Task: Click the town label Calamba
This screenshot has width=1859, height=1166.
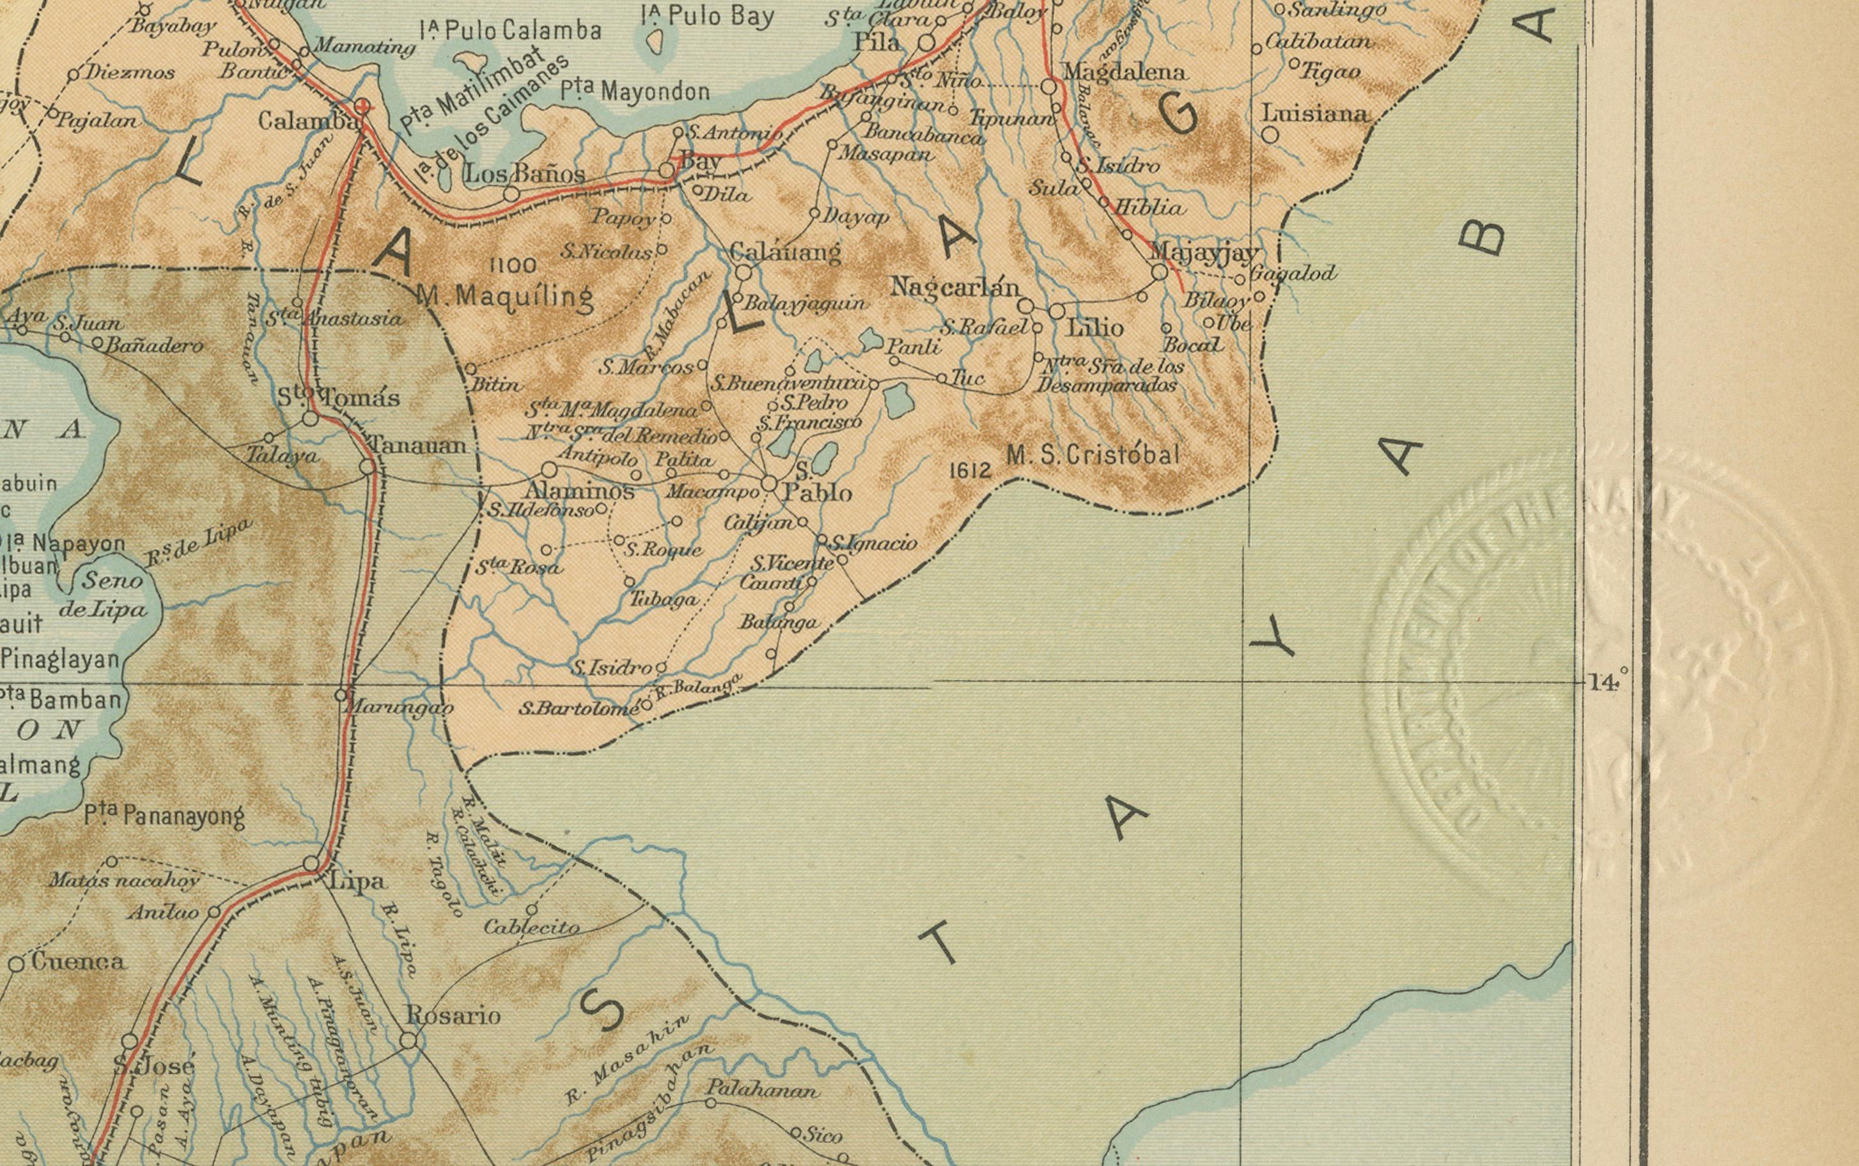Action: (x=307, y=121)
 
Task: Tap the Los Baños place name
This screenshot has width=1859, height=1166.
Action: (x=524, y=175)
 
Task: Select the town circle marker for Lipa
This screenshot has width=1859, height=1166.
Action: (x=311, y=864)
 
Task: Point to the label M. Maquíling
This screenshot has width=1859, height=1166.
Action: (x=505, y=296)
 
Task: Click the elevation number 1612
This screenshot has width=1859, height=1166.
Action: (x=970, y=470)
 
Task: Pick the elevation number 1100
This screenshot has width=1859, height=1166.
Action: (x=513, y=266)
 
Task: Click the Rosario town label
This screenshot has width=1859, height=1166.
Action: (x=453, y=1016)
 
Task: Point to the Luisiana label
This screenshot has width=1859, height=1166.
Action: (x=1314, y=114)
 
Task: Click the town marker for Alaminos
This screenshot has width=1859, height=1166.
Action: (x=549, y=470)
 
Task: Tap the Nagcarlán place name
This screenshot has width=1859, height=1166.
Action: (x=954, y=288)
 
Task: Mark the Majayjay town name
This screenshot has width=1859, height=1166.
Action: (x=1204, y=251)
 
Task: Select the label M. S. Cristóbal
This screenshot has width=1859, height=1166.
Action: (x=1093, y=455)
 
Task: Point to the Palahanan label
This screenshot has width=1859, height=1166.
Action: (x=762, y=1091)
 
